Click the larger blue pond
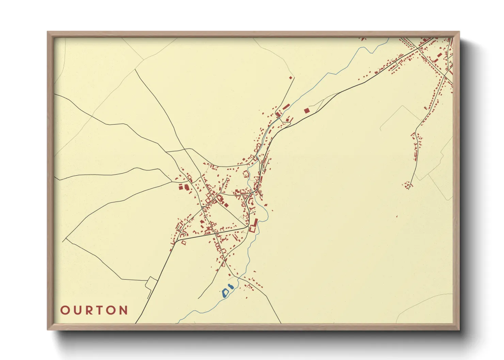coord(225,292)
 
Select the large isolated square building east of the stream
coord(306,110)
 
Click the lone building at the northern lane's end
coord(290,78)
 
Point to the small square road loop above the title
coord(151,283)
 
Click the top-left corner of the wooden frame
coord(48,32)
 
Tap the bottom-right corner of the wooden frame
coord(459,329)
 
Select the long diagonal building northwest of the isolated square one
coord(285,107)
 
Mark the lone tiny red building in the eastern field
coord(397,216)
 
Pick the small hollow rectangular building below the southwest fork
coord(184,243)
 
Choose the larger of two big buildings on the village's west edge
coord(187,187)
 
